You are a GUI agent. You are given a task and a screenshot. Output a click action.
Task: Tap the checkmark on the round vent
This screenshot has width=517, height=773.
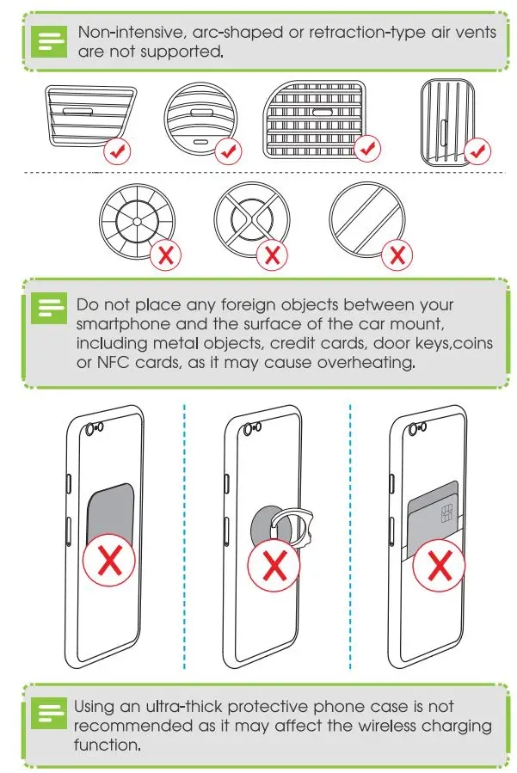pos(228,152)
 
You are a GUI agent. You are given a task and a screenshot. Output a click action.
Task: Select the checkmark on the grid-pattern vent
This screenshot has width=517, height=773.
pos(368,149)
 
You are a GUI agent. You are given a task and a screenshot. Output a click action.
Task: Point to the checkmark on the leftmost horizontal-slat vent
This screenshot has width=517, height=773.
pos(117,153)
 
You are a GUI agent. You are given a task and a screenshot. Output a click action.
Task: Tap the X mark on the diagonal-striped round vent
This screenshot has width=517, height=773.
pos(397,254)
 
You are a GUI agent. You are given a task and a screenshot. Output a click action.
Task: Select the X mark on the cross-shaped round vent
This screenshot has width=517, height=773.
pos(273,254)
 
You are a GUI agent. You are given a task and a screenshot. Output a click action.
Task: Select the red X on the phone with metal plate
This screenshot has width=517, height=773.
pos(108,564)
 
